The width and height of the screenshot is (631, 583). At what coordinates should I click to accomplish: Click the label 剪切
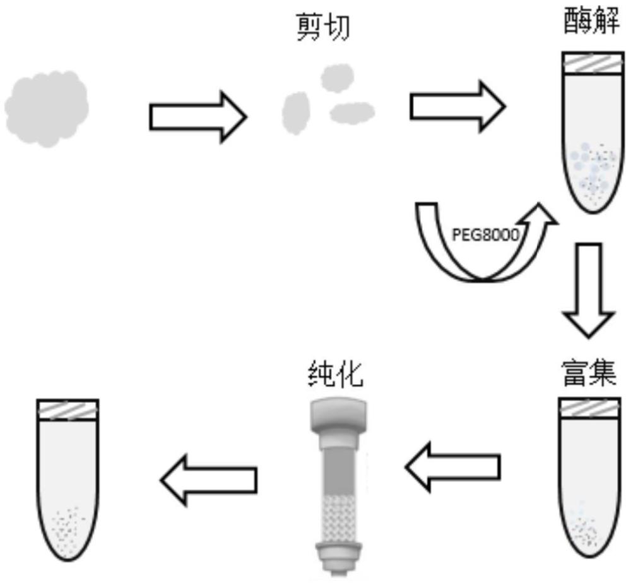(x=322, y=27)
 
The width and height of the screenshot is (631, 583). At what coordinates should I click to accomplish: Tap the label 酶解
(x=591, y=21)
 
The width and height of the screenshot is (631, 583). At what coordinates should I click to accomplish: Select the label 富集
(x=589, y=373)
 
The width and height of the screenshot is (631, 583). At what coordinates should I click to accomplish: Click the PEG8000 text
(x=486, y=234)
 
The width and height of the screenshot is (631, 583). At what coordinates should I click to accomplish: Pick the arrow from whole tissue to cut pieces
(x=198, y=117)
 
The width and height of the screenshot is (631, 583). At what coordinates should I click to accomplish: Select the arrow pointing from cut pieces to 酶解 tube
(x=457, y=106)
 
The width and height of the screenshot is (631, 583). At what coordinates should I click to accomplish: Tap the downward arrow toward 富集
(x=589, y=289)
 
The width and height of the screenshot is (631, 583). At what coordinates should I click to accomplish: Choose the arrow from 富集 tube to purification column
(x=452, y=467)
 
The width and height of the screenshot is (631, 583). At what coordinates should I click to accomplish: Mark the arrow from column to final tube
(x=209, y=479)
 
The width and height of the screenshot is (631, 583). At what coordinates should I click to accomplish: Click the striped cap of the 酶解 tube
(x=593, y=63)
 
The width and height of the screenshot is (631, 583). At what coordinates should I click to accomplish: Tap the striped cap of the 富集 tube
(x=589, y=409)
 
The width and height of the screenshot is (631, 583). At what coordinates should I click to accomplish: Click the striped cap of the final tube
(x=68, y=410)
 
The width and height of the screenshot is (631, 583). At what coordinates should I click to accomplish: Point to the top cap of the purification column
(x=338, y=416)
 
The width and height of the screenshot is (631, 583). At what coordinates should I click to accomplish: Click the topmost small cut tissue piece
(x=337, y=77)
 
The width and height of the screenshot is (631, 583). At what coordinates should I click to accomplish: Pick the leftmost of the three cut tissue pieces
(x=296, y=113)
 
